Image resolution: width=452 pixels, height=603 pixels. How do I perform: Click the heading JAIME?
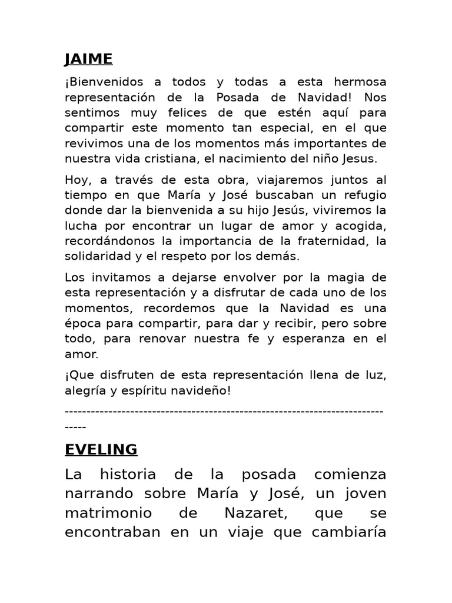coord(88,59)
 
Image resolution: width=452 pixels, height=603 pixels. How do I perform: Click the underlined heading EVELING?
coord(101,450)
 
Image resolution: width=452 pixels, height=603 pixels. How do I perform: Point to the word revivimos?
coord(91,144)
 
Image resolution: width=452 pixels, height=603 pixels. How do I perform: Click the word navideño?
coord(198,390)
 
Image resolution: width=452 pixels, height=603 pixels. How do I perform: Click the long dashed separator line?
coord(224,411)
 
